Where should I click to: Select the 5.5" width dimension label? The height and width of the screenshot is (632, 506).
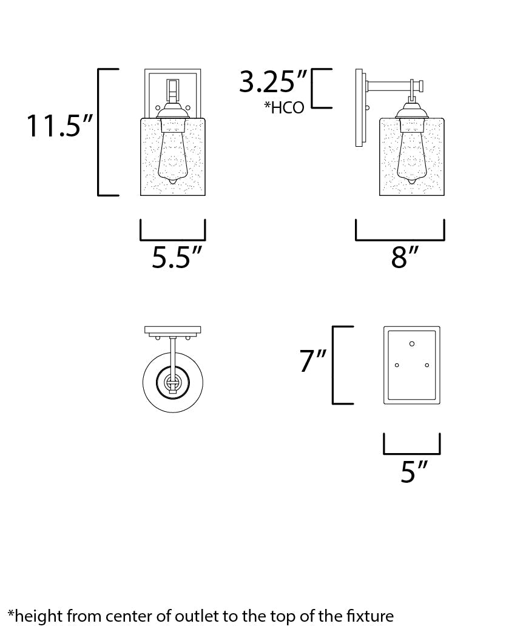click(x=176, y=258)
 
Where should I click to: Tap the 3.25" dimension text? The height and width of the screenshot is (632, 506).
click(x=273, y=82)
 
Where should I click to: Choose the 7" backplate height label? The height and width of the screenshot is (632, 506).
click(x=313, y=362)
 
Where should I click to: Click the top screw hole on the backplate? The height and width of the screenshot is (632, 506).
click(x=412, y=344)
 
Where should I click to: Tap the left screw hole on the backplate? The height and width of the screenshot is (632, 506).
click(x=397, y=365)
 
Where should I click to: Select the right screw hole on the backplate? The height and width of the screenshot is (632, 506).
click(x=427, y=365)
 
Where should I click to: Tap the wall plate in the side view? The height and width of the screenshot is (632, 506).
click(x=360, y=109)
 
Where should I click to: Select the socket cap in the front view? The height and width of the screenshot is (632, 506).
click(x=173, y=111)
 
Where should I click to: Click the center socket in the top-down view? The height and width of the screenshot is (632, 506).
click(x=173, y=382)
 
